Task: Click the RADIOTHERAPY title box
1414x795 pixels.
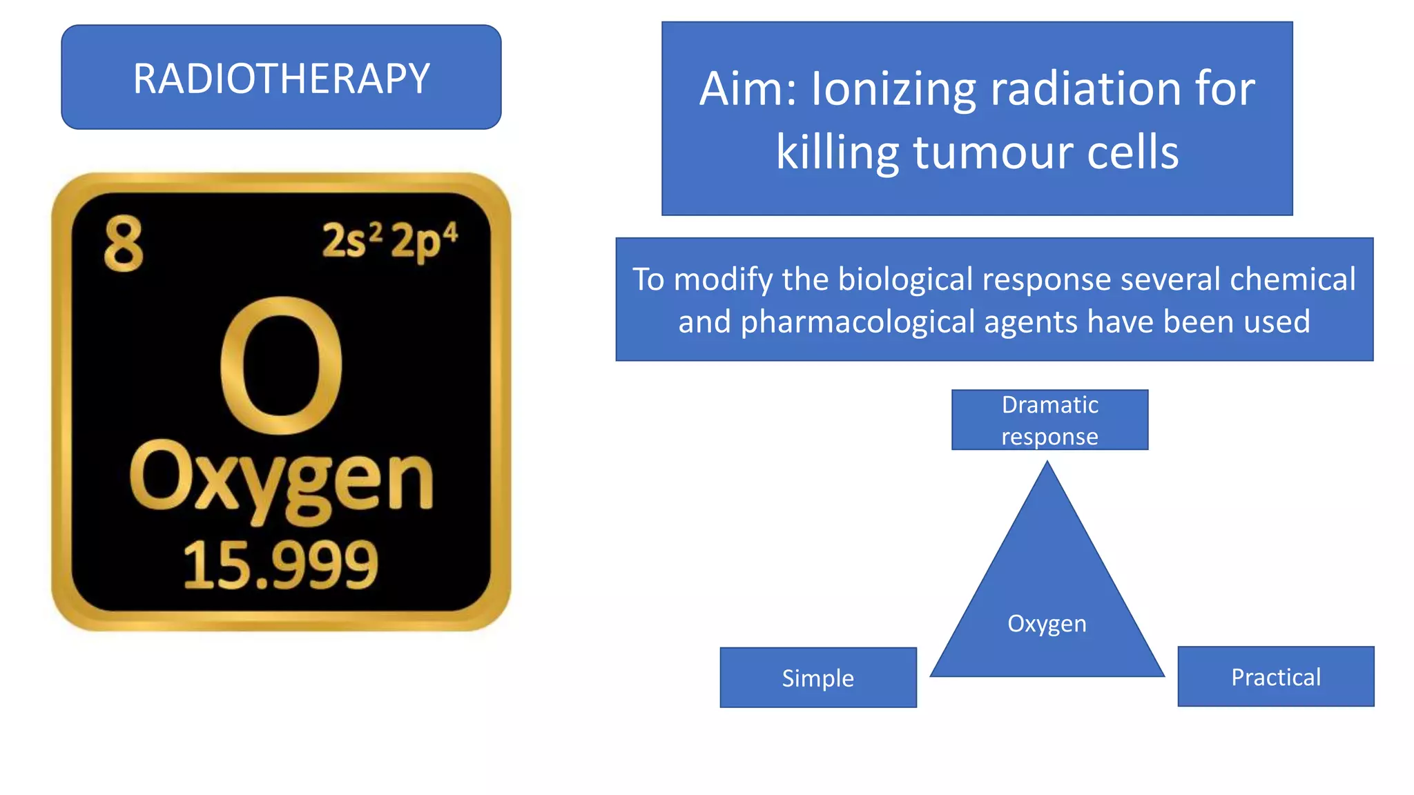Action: tap(281, 77)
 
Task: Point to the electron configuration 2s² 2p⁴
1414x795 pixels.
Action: tap(389, 241)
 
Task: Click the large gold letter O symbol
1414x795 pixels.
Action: tap(281, 365)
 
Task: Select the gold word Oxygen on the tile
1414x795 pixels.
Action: tap(281, 480)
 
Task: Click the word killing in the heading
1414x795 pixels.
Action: tap(837, 153)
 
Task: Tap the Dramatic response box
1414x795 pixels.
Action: tap(1049, 420)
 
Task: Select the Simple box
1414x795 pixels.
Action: tap(818, 678)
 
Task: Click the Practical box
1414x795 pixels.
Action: tap(1276, 677)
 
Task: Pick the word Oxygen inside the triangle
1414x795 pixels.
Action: tap(1047, 624)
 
